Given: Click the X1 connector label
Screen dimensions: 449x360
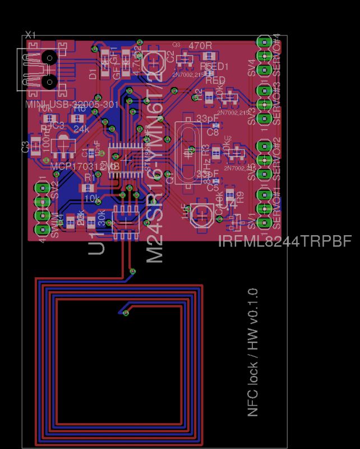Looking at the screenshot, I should click(x=30, y=35).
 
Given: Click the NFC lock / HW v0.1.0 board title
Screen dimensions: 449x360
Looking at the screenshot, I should click(x=253, y=352).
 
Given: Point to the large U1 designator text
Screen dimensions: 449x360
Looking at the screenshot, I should click(x=97, y=245).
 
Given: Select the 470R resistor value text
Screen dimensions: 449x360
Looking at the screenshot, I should click(x=200, y=45).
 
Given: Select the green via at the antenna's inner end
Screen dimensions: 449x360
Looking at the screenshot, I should click(x=126, y=313).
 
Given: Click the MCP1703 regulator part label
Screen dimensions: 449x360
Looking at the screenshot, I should click(x=84, y=167).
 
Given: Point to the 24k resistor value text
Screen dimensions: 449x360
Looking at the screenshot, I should click(x=81, y=128).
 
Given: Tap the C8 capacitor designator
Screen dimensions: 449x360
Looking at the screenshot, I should click(x=213, y=132).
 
